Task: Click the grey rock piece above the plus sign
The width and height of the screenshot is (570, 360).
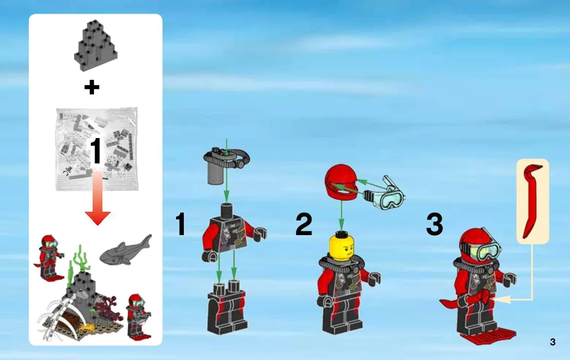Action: pos(96,46)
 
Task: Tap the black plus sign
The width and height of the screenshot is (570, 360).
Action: pos(92,87)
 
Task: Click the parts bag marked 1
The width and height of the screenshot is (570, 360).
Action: pos(97,149)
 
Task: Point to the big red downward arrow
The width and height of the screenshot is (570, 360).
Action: pos(98,198)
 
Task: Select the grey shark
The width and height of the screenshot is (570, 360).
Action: pos(125,250)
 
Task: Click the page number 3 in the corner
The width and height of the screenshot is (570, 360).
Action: pos(552,342)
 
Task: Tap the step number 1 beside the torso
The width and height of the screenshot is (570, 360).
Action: pos(181,224)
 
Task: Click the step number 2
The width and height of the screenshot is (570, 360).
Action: pos(304,224)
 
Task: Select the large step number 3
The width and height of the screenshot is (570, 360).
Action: pos(434,224)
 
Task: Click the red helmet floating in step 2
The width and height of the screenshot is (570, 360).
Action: pos(341,182)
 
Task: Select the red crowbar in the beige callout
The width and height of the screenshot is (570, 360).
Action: pos(532,200)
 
